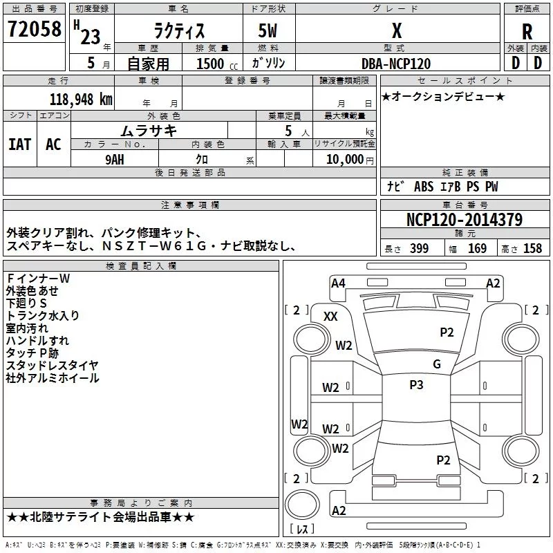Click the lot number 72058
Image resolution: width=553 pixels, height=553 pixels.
(34, 29)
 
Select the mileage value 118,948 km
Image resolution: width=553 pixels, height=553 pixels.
(81, 100)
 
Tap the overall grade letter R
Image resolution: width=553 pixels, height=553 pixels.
(527, 32)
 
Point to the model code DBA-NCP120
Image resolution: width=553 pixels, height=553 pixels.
(396, 64)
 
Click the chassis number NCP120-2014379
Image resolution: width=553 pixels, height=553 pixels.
(464, 220)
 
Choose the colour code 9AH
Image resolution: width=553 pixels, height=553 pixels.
(115, 160)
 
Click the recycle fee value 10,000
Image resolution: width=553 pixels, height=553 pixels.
(345, 160)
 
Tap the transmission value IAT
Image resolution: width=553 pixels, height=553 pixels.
(20, 144)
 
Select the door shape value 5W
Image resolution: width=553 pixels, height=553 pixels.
(268, 30)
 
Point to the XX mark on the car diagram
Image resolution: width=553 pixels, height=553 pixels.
(330, 317)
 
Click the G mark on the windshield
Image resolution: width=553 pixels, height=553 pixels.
(437, 364)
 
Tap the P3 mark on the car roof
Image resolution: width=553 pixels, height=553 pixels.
(416, 385)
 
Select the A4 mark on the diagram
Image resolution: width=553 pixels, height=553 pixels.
(338, 283)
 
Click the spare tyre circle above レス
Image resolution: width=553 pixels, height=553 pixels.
(302, 505)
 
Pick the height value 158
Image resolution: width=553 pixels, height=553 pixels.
(532, 249)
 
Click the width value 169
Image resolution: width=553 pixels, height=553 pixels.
(477, 249)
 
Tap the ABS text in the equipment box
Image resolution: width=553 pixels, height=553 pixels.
(424, 187)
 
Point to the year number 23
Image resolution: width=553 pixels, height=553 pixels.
(91, 37)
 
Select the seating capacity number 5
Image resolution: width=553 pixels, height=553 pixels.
(288, 131)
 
